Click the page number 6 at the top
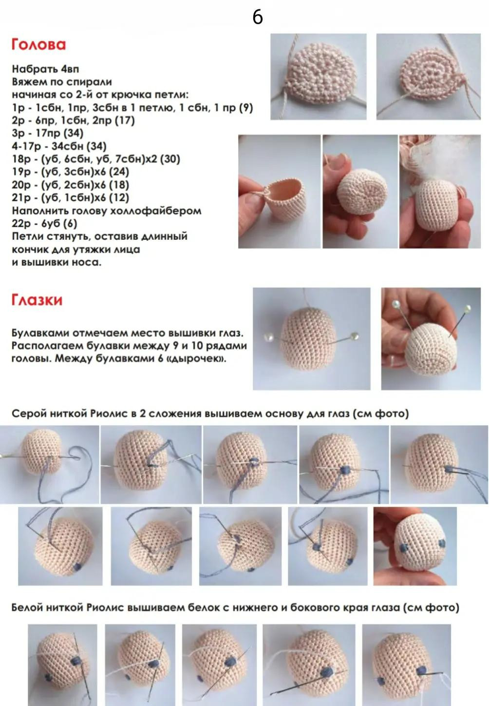tap(257, 17)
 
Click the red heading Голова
tap(38, 44)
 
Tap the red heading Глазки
tap(37, 300)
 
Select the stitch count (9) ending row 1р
tap(246, 108)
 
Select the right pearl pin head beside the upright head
tap(355, 335)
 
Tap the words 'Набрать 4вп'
tap(45, 69)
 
